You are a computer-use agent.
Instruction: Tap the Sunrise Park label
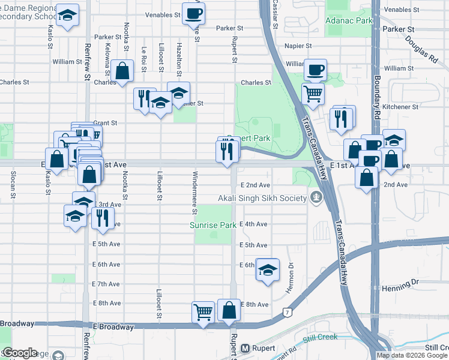213,226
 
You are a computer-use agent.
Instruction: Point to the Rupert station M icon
245,348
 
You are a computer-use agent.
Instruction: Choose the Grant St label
105,122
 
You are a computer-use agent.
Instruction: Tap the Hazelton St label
179,56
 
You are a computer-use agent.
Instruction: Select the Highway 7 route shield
288,313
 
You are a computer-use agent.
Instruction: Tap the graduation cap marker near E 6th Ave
268,269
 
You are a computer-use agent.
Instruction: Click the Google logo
20,353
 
